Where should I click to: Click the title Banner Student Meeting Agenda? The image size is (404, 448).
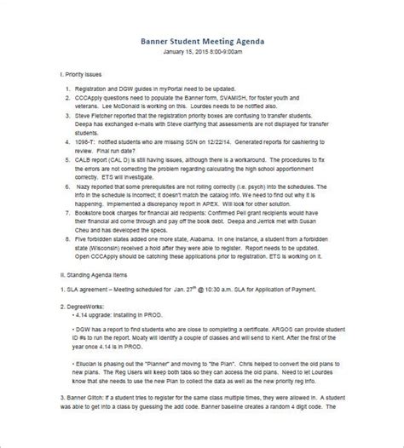tap(202, 40)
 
